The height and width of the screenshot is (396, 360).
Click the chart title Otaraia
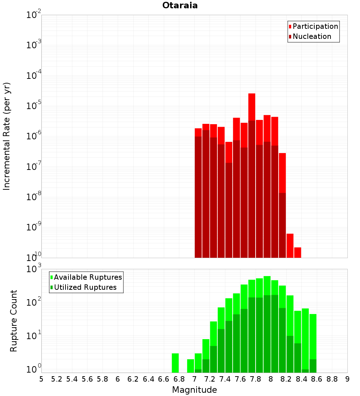point(180,5)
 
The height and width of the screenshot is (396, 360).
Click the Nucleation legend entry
point(311,36)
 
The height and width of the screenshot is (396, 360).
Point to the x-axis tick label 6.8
point(179,379)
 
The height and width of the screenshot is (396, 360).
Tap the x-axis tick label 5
point(41,379)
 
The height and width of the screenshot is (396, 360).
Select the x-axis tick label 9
point(347,379)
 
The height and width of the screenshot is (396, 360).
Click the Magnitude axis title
point(194,390)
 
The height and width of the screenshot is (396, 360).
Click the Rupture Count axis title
point(14,320)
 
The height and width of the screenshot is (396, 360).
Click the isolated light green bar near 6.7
point(175,363)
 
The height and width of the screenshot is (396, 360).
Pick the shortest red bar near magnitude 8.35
point(297,252)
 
